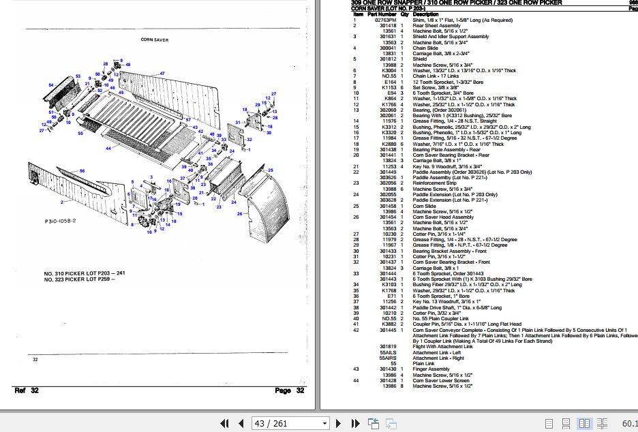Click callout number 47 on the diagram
click(x=162, y=73)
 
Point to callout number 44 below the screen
click(x=108, y=148)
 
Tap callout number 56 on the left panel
click(x=82, y=170)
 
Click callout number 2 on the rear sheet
click(x=61, y=202)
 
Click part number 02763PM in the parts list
click(x=385, y=20)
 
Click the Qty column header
click(x=404, y=14)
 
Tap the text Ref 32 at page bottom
click(x=25, y=390)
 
